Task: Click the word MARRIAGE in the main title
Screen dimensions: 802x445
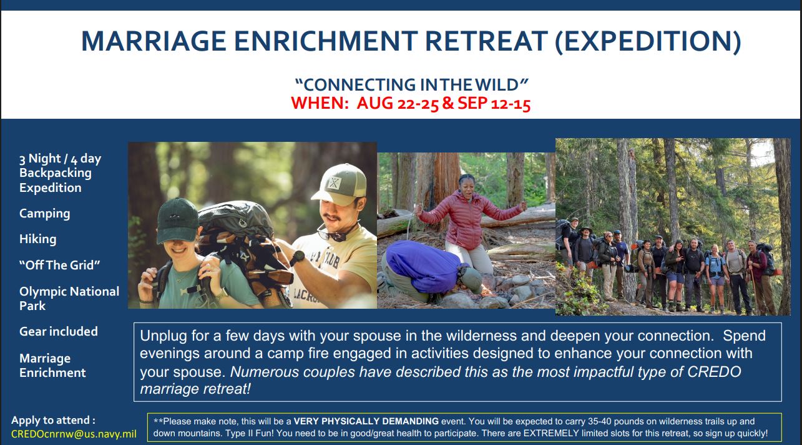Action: [x=154, y=41]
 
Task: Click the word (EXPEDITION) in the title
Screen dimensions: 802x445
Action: [x=648, y=42]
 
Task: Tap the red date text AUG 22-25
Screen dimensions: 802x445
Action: [x=398, y=103]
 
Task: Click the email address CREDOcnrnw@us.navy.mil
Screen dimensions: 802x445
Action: [x=74, y=434]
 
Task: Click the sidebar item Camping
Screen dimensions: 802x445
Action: [x=45, y=214]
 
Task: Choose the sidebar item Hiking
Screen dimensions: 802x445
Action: [x=38, y=239]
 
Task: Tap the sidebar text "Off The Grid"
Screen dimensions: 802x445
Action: [x=59, y=265]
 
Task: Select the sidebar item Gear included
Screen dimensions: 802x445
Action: [x=59, y=331]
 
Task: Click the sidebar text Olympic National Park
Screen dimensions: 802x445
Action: [x=69, y=298]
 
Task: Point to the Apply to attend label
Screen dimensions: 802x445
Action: [x=53, y=420]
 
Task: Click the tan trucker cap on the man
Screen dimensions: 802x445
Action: [x=340, y=184]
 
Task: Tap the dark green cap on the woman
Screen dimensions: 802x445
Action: [x=177, y=221]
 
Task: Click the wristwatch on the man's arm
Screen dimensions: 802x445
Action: [x=297, y=258]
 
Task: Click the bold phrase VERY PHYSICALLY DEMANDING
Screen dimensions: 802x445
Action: [x=366, y=421]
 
